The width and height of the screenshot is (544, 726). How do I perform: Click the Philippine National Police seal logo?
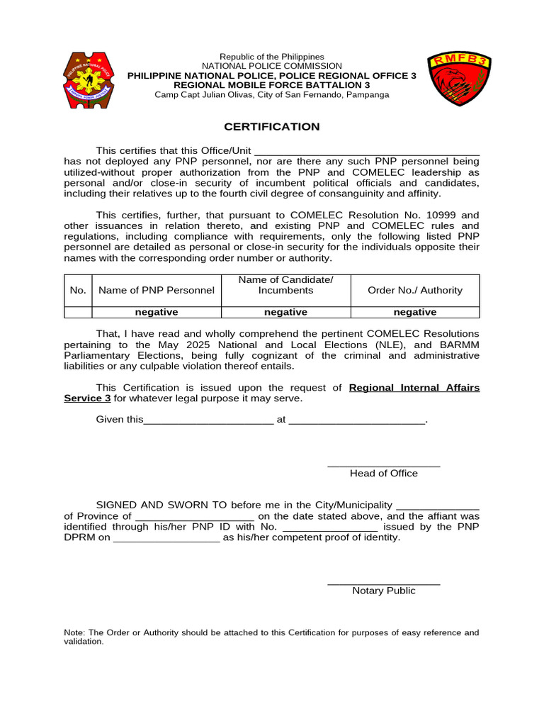[89, 80]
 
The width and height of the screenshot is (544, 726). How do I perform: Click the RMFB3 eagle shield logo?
[459, 79]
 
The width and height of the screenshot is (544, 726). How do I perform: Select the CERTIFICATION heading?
[272, 127]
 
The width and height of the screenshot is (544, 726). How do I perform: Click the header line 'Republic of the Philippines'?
[272, 57]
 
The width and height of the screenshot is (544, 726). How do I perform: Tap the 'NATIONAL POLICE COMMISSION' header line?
[272, 66]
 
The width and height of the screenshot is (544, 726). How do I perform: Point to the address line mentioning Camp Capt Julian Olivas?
[272, 95]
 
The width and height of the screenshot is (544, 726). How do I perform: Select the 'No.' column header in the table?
[78, 290]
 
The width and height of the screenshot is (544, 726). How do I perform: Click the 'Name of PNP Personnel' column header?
[157, 290]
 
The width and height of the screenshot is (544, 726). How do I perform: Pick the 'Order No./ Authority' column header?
[415, 290]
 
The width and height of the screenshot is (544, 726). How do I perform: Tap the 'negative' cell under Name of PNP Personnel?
[157, 312]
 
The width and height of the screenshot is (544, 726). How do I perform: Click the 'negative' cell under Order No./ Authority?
[415, 312]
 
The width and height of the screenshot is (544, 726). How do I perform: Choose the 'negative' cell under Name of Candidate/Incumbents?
[285, 312]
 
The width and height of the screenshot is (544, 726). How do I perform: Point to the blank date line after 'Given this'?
[208, 420]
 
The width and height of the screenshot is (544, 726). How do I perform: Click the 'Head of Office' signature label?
[384, 473]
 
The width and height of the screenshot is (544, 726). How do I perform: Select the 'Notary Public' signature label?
[384, 591]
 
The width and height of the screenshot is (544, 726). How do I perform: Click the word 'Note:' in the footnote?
[74, 632]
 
